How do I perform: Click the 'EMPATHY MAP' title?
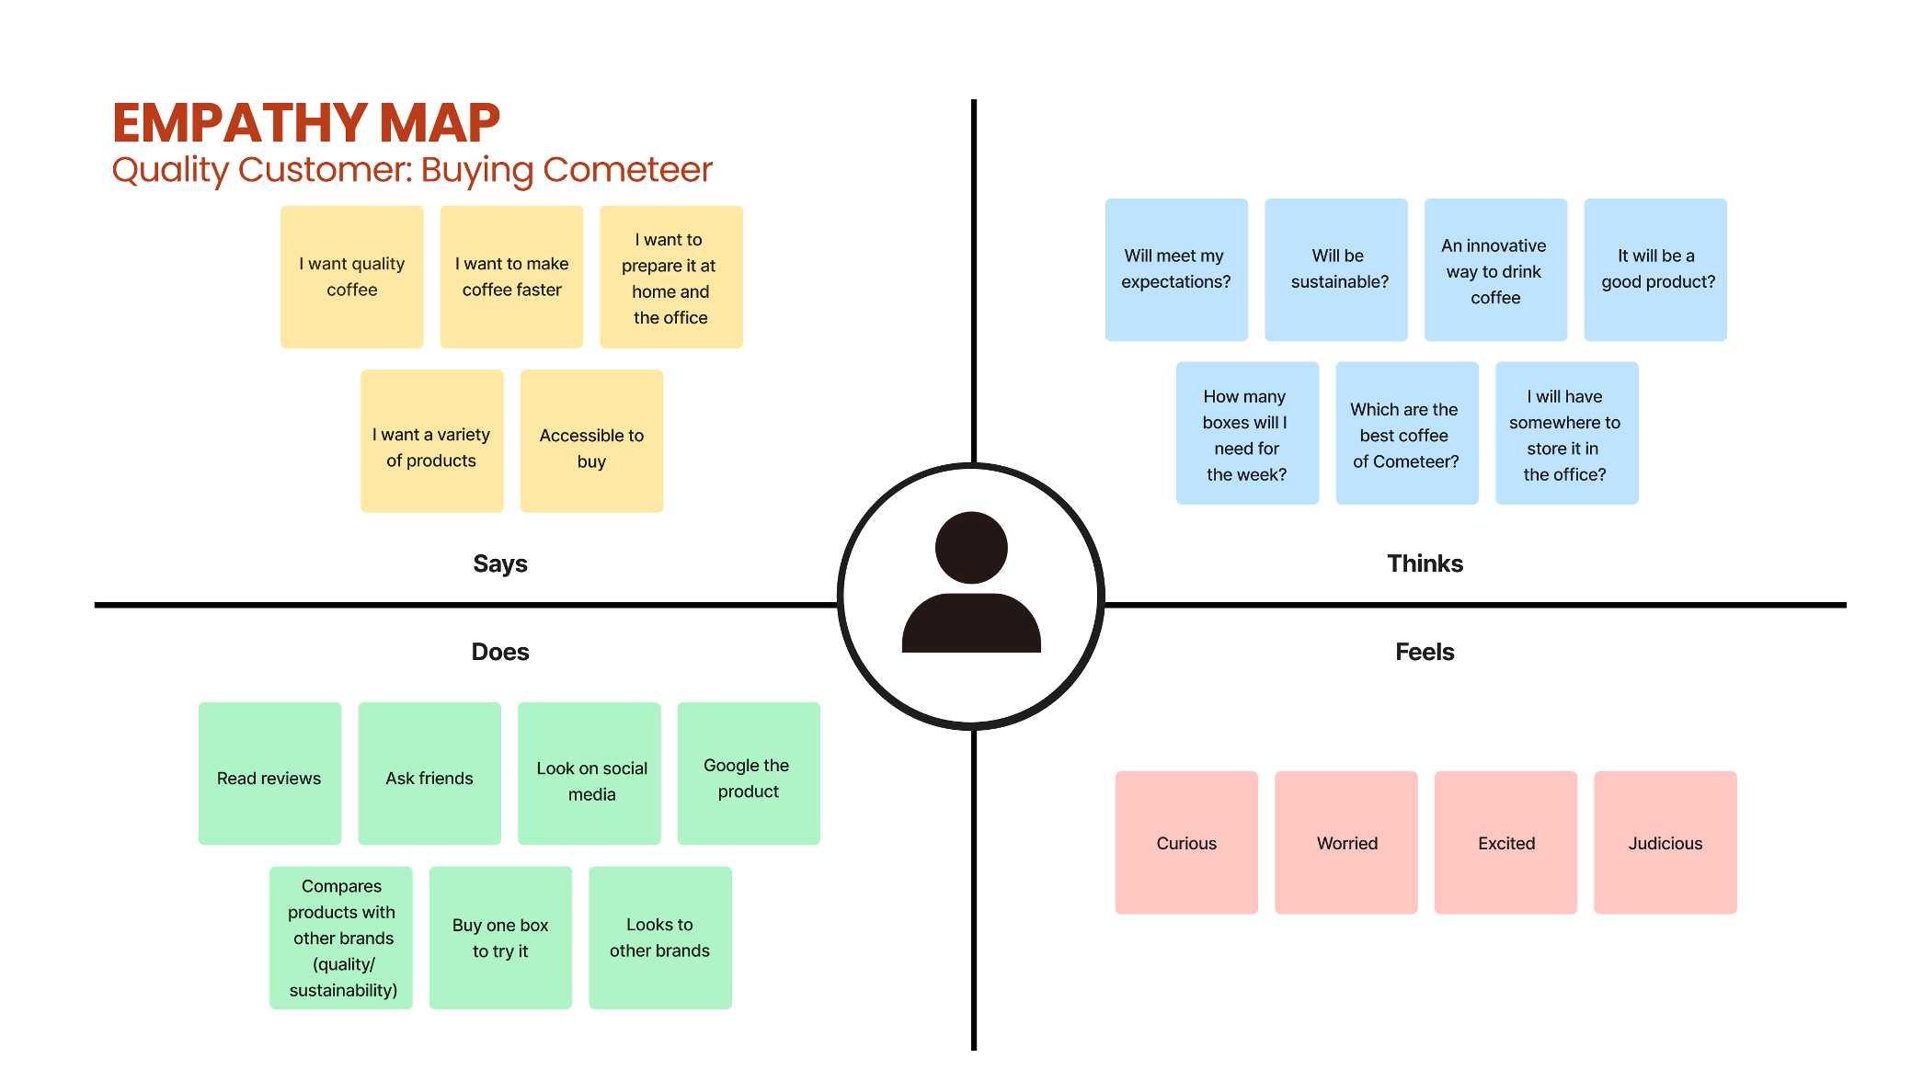(305, 123)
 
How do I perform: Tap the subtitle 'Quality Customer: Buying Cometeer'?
(411, 170)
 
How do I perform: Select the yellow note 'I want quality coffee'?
(351, 277)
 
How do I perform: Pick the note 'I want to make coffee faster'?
(511, 277)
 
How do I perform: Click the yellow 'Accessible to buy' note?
(591, 441)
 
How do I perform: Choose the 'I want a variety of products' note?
(431, 441)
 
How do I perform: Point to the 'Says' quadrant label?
(500, 563)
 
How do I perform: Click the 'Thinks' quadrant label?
(1425, 563)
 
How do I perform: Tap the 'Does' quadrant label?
(500, 652)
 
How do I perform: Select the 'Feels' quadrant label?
(1425, 652)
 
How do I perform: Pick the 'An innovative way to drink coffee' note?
(1495, 269)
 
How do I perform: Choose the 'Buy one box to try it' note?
(500, 938)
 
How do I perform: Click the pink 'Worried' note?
(1346, 843)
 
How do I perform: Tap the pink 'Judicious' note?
(1665, 843)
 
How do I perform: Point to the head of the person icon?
(971, 548)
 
